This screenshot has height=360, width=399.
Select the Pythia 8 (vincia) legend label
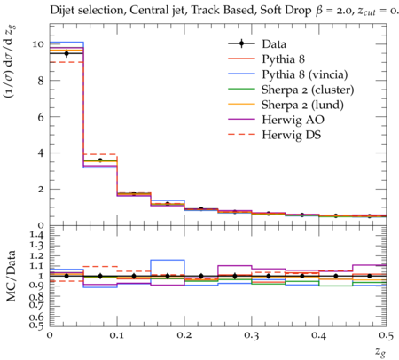click(305, 74)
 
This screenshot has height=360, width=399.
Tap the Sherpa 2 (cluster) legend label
click(308, 90)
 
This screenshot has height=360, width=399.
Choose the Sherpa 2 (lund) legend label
click(302, 105)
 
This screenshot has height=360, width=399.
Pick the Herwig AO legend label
click(293, 120)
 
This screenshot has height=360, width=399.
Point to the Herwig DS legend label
click(292, 135)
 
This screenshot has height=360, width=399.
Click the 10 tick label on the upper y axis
click(38, 44)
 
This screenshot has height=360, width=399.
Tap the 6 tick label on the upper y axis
click(41, 117)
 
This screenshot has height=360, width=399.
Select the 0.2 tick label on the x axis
click(184, 335)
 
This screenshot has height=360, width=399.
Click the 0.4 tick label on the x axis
click(319, 335)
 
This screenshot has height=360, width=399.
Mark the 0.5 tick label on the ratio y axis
click(36, 325)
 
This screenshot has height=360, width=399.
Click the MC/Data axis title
click(11, 276)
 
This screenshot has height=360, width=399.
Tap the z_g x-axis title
click(380, 352)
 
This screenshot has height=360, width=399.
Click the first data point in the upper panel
click(66, 53)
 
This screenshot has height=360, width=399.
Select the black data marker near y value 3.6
click(100, 160)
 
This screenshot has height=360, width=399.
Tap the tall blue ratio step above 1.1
click(168, 260)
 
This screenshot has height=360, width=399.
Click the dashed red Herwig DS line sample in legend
click(241, 135)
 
